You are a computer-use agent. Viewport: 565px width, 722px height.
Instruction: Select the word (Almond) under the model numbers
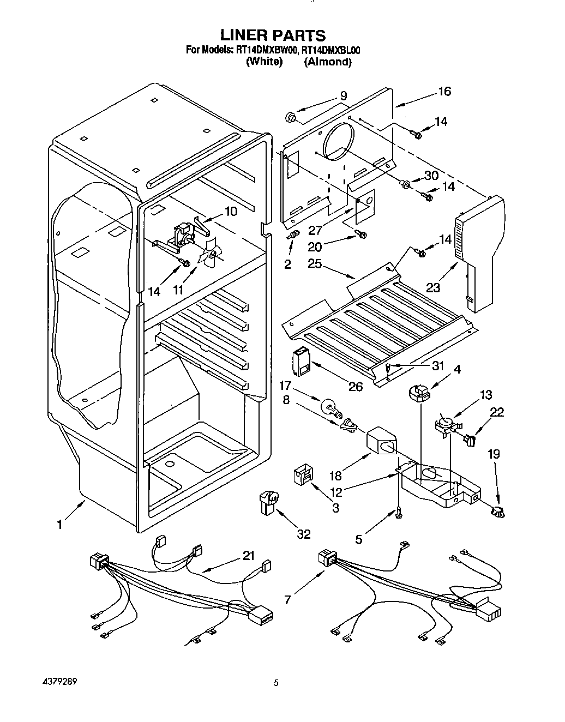[328, 62]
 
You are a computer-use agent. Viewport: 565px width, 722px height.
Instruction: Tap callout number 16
[444, 92]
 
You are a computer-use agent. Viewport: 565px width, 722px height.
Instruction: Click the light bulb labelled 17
[328, 406]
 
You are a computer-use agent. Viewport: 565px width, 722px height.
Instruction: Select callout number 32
[303, 534]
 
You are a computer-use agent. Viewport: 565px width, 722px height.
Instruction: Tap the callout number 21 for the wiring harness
[249, 556]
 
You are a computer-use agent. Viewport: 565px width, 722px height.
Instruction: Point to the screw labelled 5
[399, 512]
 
